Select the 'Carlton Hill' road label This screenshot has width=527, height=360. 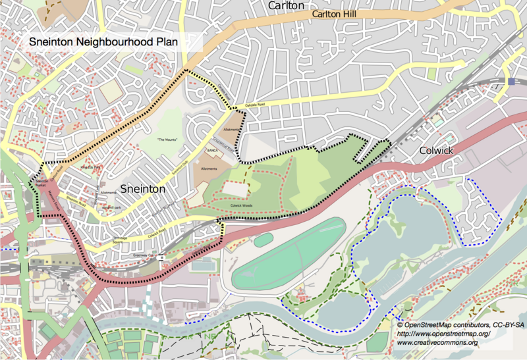pos(335,13)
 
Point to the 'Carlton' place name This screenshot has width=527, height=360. pos(286,5)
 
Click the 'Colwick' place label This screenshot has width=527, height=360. pos(437,150)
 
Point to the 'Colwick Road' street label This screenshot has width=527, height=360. pos(155,232)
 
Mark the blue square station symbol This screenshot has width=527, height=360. pos(512,81)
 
